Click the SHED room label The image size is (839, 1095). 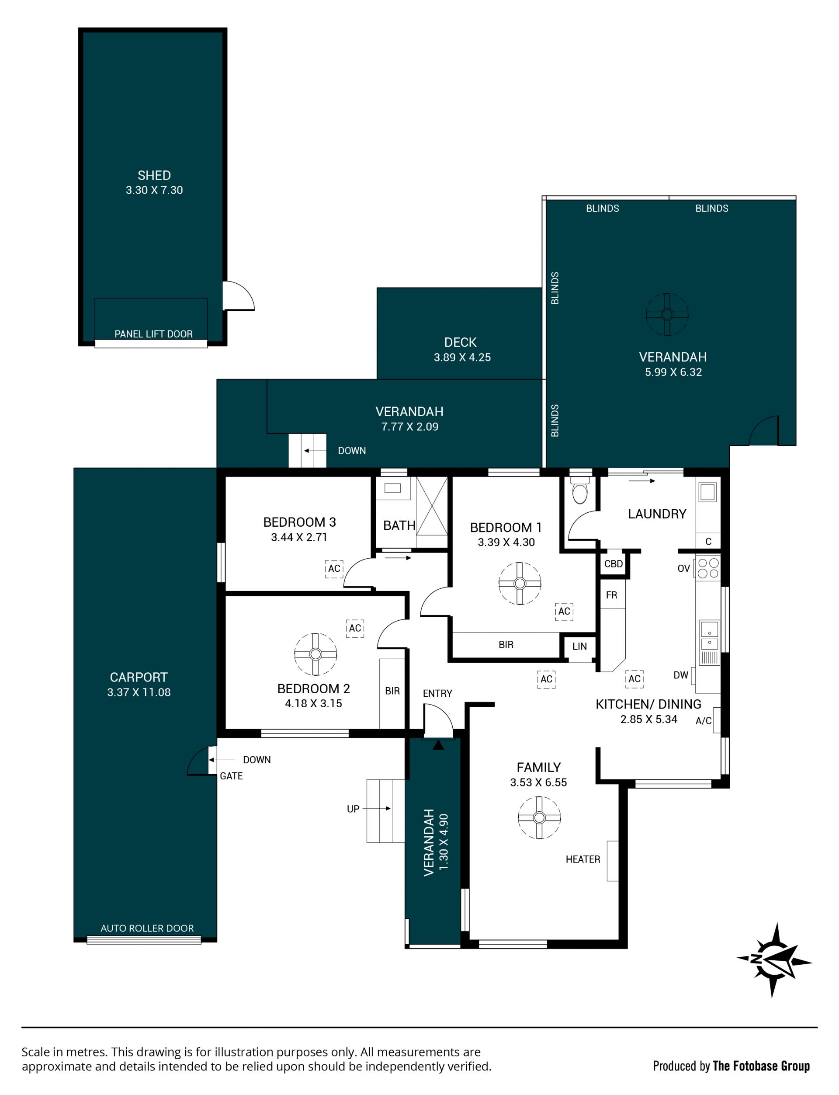[x=154, y=175]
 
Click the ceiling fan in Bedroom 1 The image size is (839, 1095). [x=520, y=584]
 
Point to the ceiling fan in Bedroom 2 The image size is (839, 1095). [x=315, y=654]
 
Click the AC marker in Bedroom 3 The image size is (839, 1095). [x=334, y=568]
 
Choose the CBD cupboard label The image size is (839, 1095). [x=614, y=564]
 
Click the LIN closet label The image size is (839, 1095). [x=579, y=647]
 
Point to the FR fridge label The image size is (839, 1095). [x=612, y=595]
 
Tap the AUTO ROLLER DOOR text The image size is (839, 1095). [x=147, y=928]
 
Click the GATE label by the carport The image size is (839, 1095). [x=231, y=776]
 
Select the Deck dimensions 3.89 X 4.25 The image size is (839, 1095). [x=462, y=358]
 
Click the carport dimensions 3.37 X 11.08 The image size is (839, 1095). [x=139, y=692]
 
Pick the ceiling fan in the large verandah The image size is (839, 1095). [x=667, y=314]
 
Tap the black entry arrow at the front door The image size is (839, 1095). [x=438, y=745]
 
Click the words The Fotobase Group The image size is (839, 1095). [x=761, y=1066]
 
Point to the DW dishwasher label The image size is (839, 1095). [x=681, y=675]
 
